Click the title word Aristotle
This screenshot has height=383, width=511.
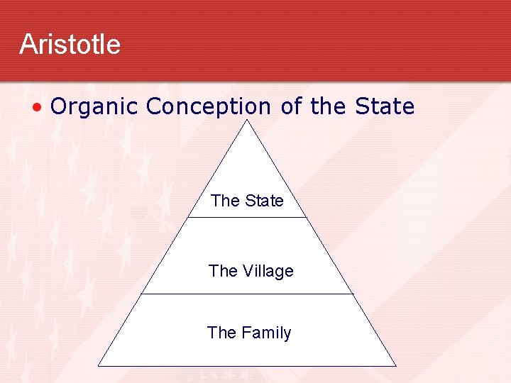[x=70, y=44]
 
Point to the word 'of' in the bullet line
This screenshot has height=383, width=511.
[x=291, y=106]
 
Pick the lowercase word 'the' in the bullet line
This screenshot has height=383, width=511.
[x=328, y=106]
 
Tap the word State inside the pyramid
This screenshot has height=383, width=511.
[x=263, y=201]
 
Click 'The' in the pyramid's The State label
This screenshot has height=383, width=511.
[x=226, y=201]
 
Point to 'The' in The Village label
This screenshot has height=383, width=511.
[x=224, y=271]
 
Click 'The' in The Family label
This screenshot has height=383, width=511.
[x=222, y=333]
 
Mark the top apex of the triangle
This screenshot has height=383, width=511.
[x=247, y=119]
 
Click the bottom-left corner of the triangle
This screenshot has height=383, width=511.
[x=99, y=365]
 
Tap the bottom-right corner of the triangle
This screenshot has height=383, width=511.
[x=395, y=365]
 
